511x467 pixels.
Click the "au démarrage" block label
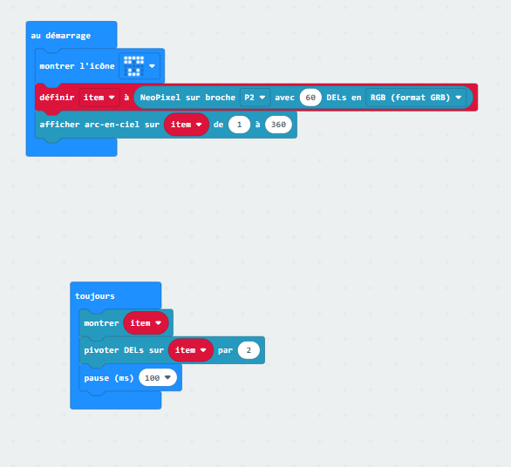pos(61,36)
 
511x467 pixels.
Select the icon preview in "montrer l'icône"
pos(134,66)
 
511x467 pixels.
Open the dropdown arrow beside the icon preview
pos(152,66)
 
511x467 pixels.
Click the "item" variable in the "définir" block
pos(99,98)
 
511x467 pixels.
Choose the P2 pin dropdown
pos(255,98)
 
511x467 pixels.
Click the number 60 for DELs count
pos(310,98)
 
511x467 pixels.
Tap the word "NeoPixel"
pos(160,98)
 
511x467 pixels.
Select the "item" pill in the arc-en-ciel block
pos(186,125)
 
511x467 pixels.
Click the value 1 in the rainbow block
pos(239,125)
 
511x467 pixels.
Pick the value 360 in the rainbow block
pos(278,125)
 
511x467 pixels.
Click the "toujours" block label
pos(95,296)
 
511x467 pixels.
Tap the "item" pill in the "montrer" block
pos(146,323)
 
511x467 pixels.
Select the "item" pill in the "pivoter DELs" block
pos(191,350)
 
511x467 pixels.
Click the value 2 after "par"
pos(249,350)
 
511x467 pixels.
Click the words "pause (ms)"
pos(109,378)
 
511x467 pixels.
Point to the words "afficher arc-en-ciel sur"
pos(99,125)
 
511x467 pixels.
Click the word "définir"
pos(57,98)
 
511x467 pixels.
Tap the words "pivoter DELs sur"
pos(124,350)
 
